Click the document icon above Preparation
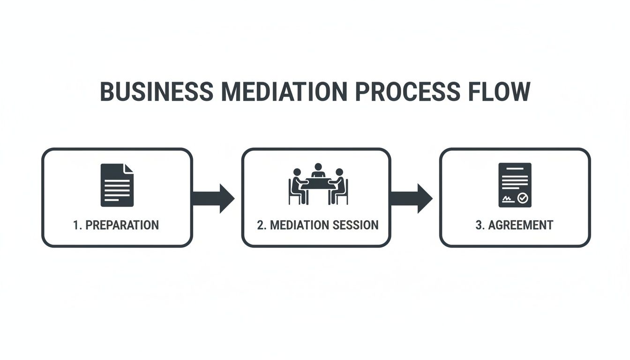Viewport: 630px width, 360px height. click(117, 185)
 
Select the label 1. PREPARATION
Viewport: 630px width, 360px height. click(116, 225)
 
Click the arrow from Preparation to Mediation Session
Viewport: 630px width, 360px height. click(213, 198)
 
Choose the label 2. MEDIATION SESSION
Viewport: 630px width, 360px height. click(317, 225)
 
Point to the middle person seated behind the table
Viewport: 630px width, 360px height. click(318, 171)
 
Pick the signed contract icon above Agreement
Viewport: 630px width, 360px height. click(515, 185)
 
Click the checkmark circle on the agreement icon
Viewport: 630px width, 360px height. click(523, 199)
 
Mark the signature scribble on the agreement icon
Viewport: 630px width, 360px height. click(507, 199)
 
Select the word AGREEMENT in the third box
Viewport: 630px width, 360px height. click(520, 225)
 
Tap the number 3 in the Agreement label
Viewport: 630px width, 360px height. click(479, 225)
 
